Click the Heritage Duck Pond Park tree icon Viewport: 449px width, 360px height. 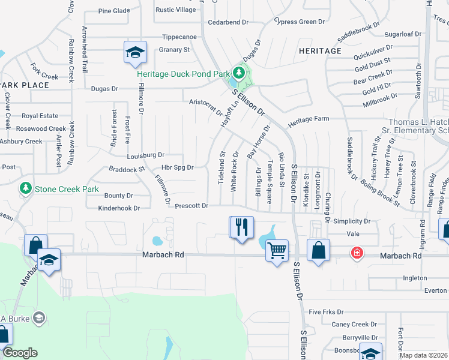239,74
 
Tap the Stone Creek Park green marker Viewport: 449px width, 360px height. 26,189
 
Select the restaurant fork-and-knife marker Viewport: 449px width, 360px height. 242,227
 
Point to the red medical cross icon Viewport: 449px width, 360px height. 357,253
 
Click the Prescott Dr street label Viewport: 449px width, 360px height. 191,206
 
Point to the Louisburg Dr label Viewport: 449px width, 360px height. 145,155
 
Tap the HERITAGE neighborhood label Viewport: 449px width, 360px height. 321,51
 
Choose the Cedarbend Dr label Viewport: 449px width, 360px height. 228,22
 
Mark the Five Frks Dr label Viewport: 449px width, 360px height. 326,312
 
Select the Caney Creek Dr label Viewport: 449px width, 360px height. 354,324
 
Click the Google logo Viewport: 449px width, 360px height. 20,353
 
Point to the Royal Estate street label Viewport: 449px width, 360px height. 40,116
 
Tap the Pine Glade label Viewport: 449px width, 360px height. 113,11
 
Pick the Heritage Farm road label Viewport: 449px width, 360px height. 309,119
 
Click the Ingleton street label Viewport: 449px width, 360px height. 415,278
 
